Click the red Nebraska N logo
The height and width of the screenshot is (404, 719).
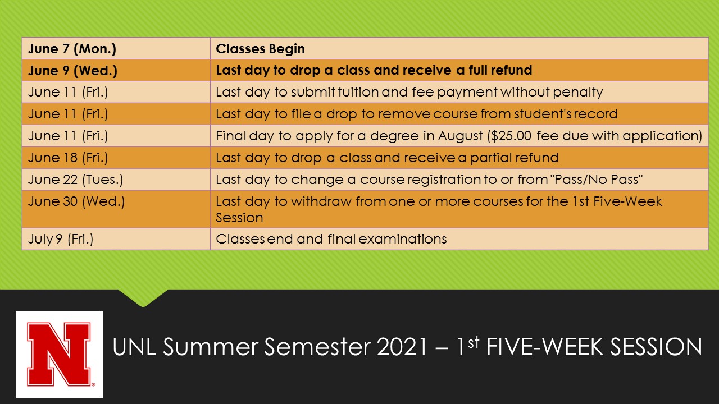[x=60, y=354]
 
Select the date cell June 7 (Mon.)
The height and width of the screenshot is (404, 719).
[x=116, y=48]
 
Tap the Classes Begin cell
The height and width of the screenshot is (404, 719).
[x=459, y=48]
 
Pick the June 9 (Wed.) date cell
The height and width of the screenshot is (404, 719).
[x=116, y=70]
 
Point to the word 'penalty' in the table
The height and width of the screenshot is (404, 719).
[x=578, y=93]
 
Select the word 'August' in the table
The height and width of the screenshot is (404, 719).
[x=460, y=136]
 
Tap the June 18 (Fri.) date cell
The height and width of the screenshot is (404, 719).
[x=116, y=158]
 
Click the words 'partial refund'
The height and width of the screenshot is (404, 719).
[x=514, y=158]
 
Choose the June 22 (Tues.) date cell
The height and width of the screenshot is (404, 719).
[x=116, y=180]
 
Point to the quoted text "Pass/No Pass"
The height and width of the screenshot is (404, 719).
[x=597, y=180]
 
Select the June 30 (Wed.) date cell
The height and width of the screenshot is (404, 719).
[x=116, y=209]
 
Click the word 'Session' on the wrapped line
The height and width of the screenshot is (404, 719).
[x=239, y=218]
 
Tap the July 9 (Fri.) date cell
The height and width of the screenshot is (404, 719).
[x=116, y=239]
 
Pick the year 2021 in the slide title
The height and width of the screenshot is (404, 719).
[x=402, y=347]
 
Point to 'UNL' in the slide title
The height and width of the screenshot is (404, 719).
[x=134, y=347]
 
